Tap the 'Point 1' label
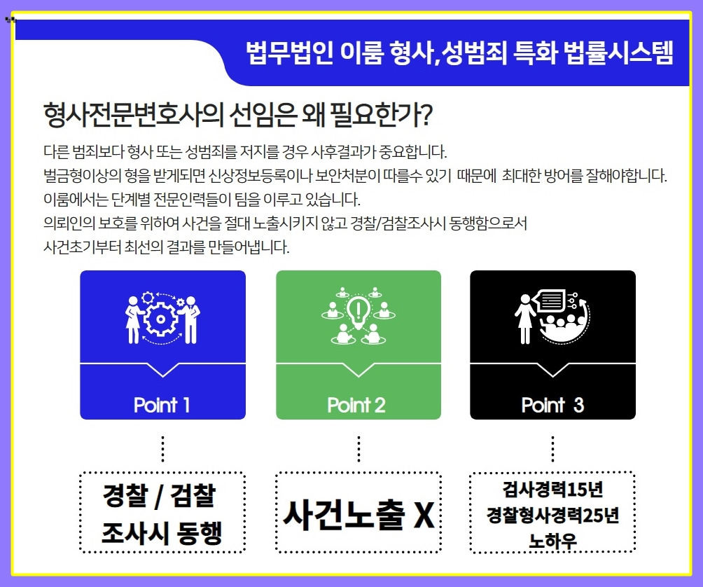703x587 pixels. pyautogui.click(x=162, y=405)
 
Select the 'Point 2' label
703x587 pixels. pyautogui.click(x=356, y=405)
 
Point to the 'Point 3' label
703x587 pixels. pyautogui.click(x=552, y=405)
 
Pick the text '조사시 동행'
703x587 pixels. pyautogui.click(x=162, y=532)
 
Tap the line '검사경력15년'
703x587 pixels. pyautogui.click(x=552, y=488)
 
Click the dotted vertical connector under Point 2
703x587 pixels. pyautogui.click(x=359, y=448)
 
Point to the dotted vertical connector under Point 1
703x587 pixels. pyautogui.click(x=162, y=448)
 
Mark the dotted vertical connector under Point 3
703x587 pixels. pyautogui.click(x=552, y=448)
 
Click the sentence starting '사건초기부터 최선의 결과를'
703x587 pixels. pyautogui.click(x=166, y=247)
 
